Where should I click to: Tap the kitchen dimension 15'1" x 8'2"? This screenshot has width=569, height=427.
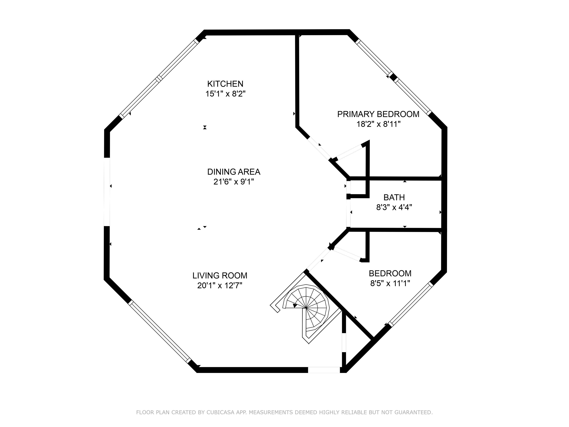(225, 94)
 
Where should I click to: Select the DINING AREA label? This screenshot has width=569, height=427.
(234, 172)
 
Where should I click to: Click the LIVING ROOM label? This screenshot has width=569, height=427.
(220, 276)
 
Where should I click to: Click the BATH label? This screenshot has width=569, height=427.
(394, 197)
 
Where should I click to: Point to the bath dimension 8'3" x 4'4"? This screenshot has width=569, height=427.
(394, 207)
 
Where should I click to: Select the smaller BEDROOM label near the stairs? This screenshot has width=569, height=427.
(390, 273)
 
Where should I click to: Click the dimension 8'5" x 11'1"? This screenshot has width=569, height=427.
(390, 283)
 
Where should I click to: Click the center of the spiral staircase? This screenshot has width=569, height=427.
(306, 308)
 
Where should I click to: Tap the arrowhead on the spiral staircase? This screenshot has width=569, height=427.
(295, 305)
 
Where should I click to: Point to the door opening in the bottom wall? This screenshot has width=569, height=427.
(324, 370)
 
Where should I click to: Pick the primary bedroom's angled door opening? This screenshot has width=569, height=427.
(319, 148)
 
